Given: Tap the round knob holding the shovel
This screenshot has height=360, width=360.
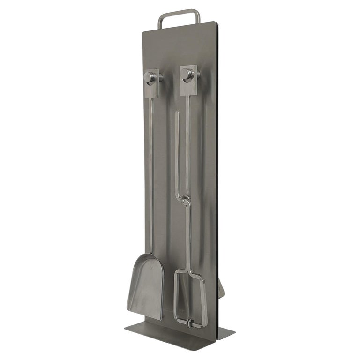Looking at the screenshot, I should [150, 77].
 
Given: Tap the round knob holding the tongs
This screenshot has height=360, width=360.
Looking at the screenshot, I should [186, 74].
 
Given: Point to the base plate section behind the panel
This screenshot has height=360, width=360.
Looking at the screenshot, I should [225, 332].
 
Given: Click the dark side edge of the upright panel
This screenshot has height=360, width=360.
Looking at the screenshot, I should [217, 187].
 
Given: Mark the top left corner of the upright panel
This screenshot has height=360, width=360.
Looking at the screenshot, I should [144, 32].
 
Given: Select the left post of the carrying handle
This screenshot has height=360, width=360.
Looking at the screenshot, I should [160, 22].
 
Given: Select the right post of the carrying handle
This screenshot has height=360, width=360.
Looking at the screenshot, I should [198, 16].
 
